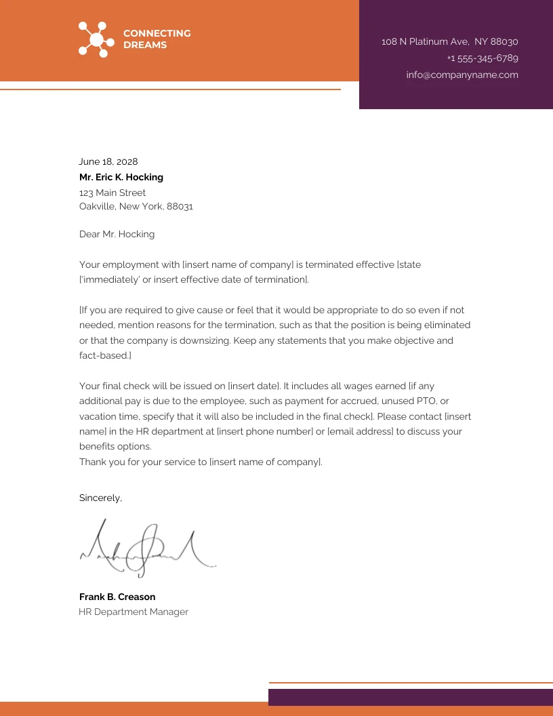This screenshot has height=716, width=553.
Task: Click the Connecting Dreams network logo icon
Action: [96, 39]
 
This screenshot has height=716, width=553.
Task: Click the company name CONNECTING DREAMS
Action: [157, 39]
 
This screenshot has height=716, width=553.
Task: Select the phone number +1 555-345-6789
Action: [483, 58]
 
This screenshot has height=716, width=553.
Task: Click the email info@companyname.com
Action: [462, 75]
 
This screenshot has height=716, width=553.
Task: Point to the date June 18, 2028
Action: [108, 162]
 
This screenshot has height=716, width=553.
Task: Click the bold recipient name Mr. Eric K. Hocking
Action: [121, 178]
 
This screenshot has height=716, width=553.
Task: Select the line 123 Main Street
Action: [112, 193]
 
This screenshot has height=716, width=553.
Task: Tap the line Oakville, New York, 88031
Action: [136, 207]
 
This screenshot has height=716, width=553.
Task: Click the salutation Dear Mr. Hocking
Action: [117, 235]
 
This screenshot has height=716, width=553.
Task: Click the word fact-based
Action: [104, 356]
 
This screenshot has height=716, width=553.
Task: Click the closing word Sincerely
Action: [100, 498]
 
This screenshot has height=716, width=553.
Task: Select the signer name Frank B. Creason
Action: [117, 597]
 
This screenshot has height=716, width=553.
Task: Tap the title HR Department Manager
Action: [134, 612]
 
